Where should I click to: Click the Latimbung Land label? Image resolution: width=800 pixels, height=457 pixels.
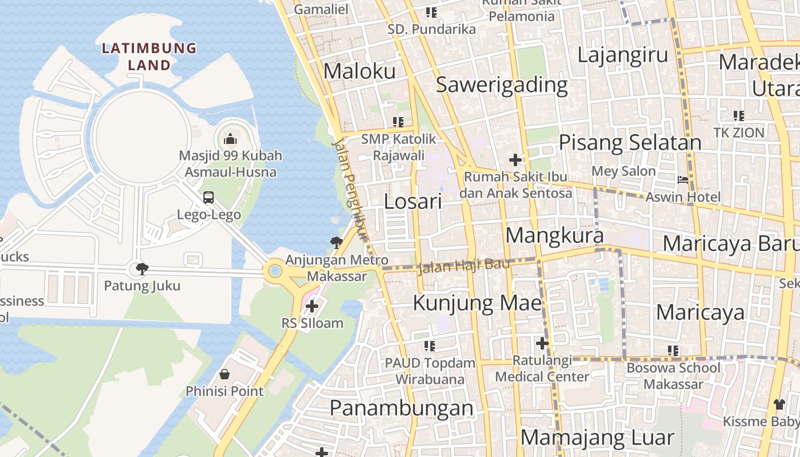(149, 57)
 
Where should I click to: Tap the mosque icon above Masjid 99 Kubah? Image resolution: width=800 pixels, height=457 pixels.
(230, 139)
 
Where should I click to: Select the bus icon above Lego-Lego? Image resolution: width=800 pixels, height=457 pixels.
(209, 198)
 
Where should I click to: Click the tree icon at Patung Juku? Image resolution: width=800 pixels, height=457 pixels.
(142, 268)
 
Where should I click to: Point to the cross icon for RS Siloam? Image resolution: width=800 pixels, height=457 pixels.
(311, 306)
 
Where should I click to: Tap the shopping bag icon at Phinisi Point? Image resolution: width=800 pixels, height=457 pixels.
(225, 374)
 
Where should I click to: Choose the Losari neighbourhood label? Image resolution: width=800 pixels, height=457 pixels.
(413, 201)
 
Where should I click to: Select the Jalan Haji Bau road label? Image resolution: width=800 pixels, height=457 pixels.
(463, 266)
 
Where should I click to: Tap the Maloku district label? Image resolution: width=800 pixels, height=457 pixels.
(359, 71)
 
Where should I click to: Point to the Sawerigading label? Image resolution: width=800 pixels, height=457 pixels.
(502, 85)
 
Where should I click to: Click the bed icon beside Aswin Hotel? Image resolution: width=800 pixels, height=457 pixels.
(683, 180)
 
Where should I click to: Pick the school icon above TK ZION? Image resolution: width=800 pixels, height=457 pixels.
(739, 116)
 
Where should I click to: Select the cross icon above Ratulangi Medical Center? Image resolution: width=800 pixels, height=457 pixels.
(542, 343)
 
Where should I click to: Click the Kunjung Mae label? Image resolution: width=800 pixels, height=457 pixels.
(477, 303)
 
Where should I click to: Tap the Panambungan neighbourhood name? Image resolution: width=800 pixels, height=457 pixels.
(402, 408)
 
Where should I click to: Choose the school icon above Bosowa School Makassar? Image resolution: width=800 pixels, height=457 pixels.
(673, 350)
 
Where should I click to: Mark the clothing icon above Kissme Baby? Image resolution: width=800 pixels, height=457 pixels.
(779, 404)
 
